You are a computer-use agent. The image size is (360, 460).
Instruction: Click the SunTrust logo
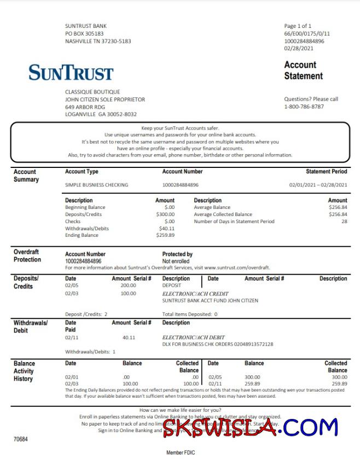click(71, 72)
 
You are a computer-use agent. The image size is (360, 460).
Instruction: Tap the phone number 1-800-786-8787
click(304, 107)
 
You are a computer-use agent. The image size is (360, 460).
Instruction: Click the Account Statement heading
click(303, 71)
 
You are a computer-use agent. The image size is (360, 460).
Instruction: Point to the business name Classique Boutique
click(92, 92)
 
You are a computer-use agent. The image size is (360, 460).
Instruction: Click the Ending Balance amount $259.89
click(165, 235)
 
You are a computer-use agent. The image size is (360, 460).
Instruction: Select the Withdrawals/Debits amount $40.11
click(166, 228)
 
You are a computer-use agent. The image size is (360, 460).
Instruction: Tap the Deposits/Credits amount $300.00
click(165, 214)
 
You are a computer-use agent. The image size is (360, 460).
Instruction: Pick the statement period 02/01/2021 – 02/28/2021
click(318, 185)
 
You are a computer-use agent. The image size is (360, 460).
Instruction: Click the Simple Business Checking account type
click(96, 185)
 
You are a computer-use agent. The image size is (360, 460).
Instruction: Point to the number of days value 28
click(344, 222)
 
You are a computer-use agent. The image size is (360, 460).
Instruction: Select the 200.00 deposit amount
click(128, 286)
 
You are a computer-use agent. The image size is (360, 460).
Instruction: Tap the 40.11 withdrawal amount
click(129, 337)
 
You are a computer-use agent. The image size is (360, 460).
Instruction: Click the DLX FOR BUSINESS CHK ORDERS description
click(217, 344)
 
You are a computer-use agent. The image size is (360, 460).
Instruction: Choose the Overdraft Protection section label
click(27, 255)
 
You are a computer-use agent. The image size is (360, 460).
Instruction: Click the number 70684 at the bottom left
click(20, 439)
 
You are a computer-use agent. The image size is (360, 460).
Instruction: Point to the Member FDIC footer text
click(181, 453)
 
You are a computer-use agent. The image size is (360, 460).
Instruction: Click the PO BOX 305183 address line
click(84, 33)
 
